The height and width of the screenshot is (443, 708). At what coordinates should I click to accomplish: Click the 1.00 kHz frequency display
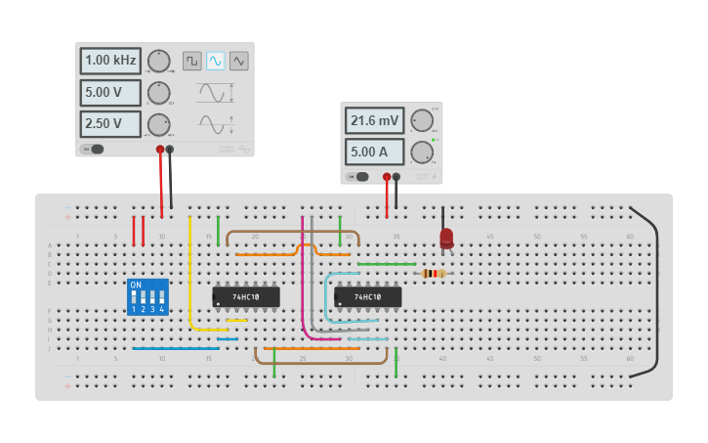[110, 61]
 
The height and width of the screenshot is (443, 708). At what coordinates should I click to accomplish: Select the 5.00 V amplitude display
[110, 93]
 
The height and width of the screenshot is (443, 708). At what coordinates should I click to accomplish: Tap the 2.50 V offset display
[110, 124]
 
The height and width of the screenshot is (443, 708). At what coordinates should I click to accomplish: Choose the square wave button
[192, 61]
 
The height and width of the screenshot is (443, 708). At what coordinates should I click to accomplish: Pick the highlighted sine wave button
[216, 61]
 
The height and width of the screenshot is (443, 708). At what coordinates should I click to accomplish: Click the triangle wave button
[239, 61]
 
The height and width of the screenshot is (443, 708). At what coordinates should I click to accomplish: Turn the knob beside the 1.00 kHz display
[159, 61]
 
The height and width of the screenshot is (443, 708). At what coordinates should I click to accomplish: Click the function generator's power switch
[95, 149]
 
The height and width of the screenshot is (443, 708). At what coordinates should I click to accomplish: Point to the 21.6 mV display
[374, 120]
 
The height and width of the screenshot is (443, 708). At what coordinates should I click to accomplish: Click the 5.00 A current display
[374, 152]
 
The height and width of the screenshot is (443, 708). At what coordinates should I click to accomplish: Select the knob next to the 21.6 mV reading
[422, 120]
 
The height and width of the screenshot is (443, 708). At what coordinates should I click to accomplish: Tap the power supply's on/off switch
[360, 177]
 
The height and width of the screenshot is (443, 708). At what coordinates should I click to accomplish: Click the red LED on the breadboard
[446, 238]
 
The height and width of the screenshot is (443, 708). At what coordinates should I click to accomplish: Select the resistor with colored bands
[433, 274]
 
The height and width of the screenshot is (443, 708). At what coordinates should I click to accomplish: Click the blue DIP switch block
[147, 296]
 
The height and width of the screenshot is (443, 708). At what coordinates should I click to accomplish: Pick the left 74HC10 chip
[246, 296]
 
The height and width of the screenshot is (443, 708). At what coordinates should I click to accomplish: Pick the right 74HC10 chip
[367, 296]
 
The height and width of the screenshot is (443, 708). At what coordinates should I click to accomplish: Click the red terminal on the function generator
[160, 150]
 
